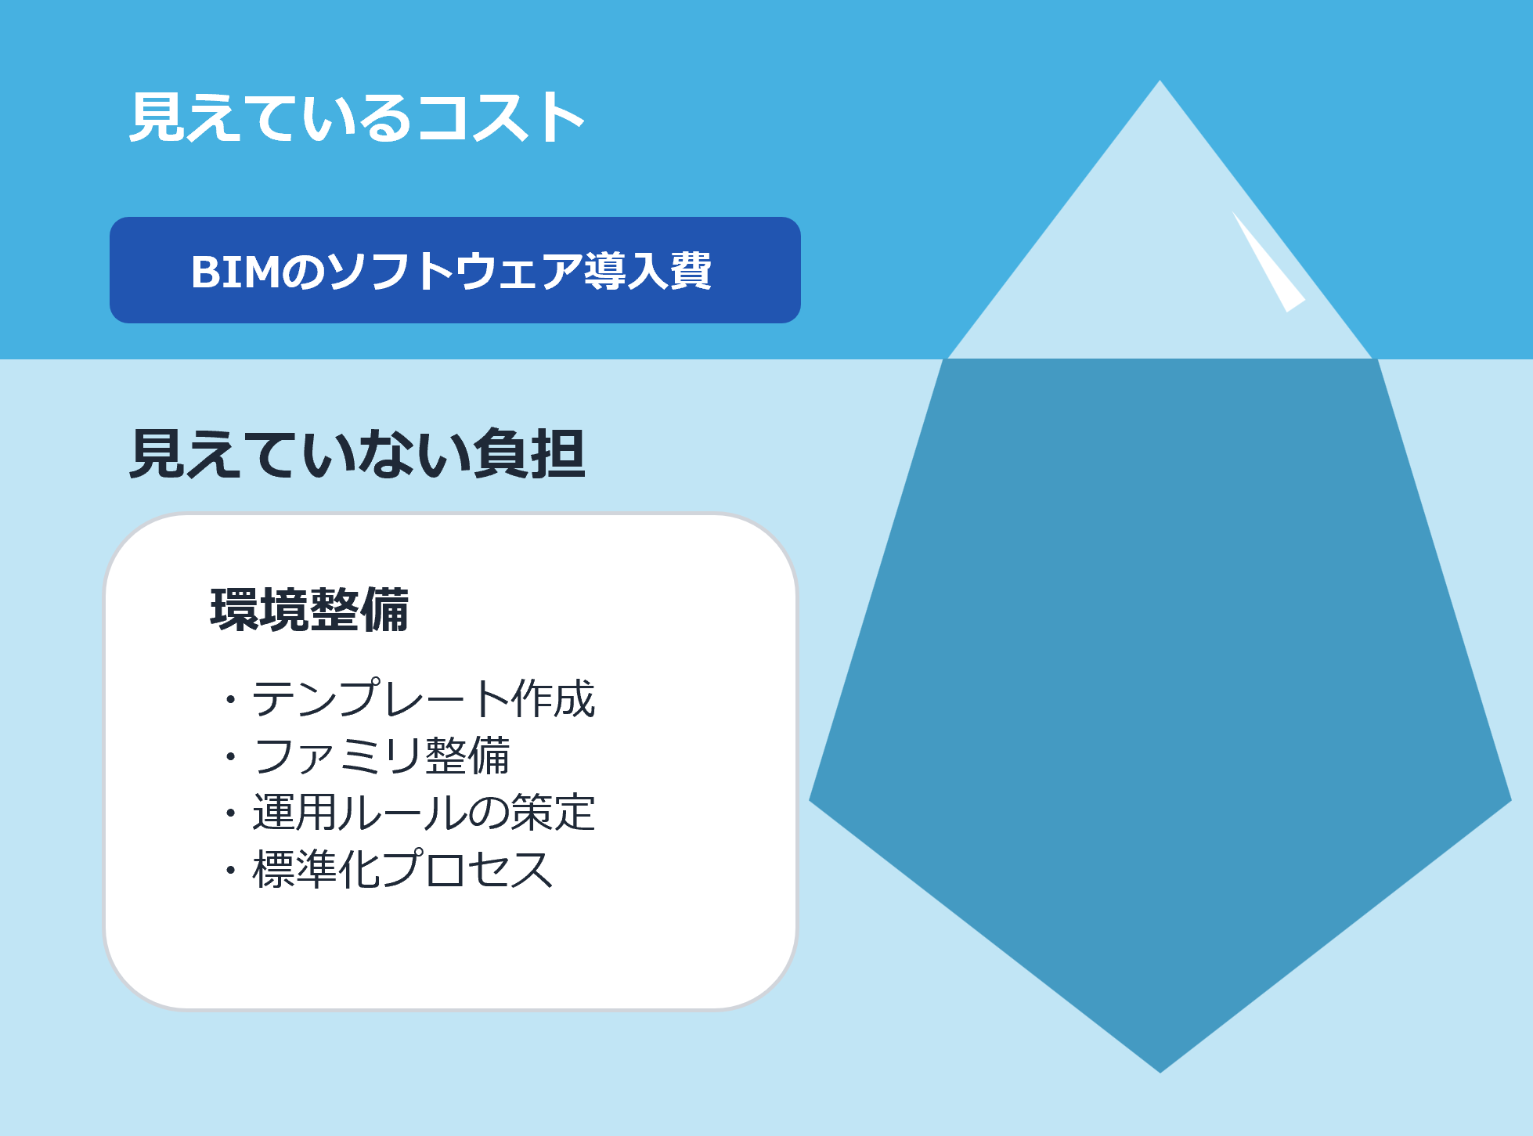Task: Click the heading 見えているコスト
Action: (x=357, y=117)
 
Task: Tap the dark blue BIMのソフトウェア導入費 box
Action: (x=455, y=270)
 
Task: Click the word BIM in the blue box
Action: (x=235, y=272)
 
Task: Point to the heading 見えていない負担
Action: (x=357, y=453)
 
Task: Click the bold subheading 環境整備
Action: (x=309, y=610)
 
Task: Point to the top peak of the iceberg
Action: (x=1160, y=81)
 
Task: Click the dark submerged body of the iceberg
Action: (x=1160, y=665)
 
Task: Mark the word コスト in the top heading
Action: (x=501, y=117)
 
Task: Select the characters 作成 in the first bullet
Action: (x=554, y=698)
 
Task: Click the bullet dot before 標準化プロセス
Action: (x=230, y=870)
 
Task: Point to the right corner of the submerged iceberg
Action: (x=1510, y=800)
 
